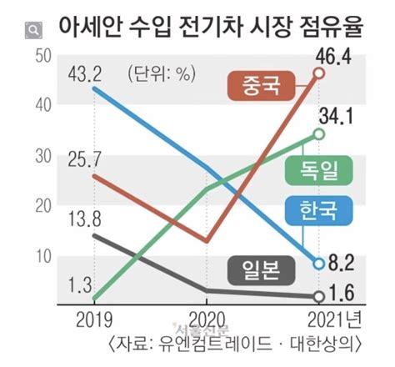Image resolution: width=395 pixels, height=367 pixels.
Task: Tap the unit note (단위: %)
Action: point(160,73)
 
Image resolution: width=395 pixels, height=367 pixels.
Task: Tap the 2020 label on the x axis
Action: point(204,321)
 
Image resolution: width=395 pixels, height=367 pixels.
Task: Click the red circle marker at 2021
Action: point(318,73)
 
